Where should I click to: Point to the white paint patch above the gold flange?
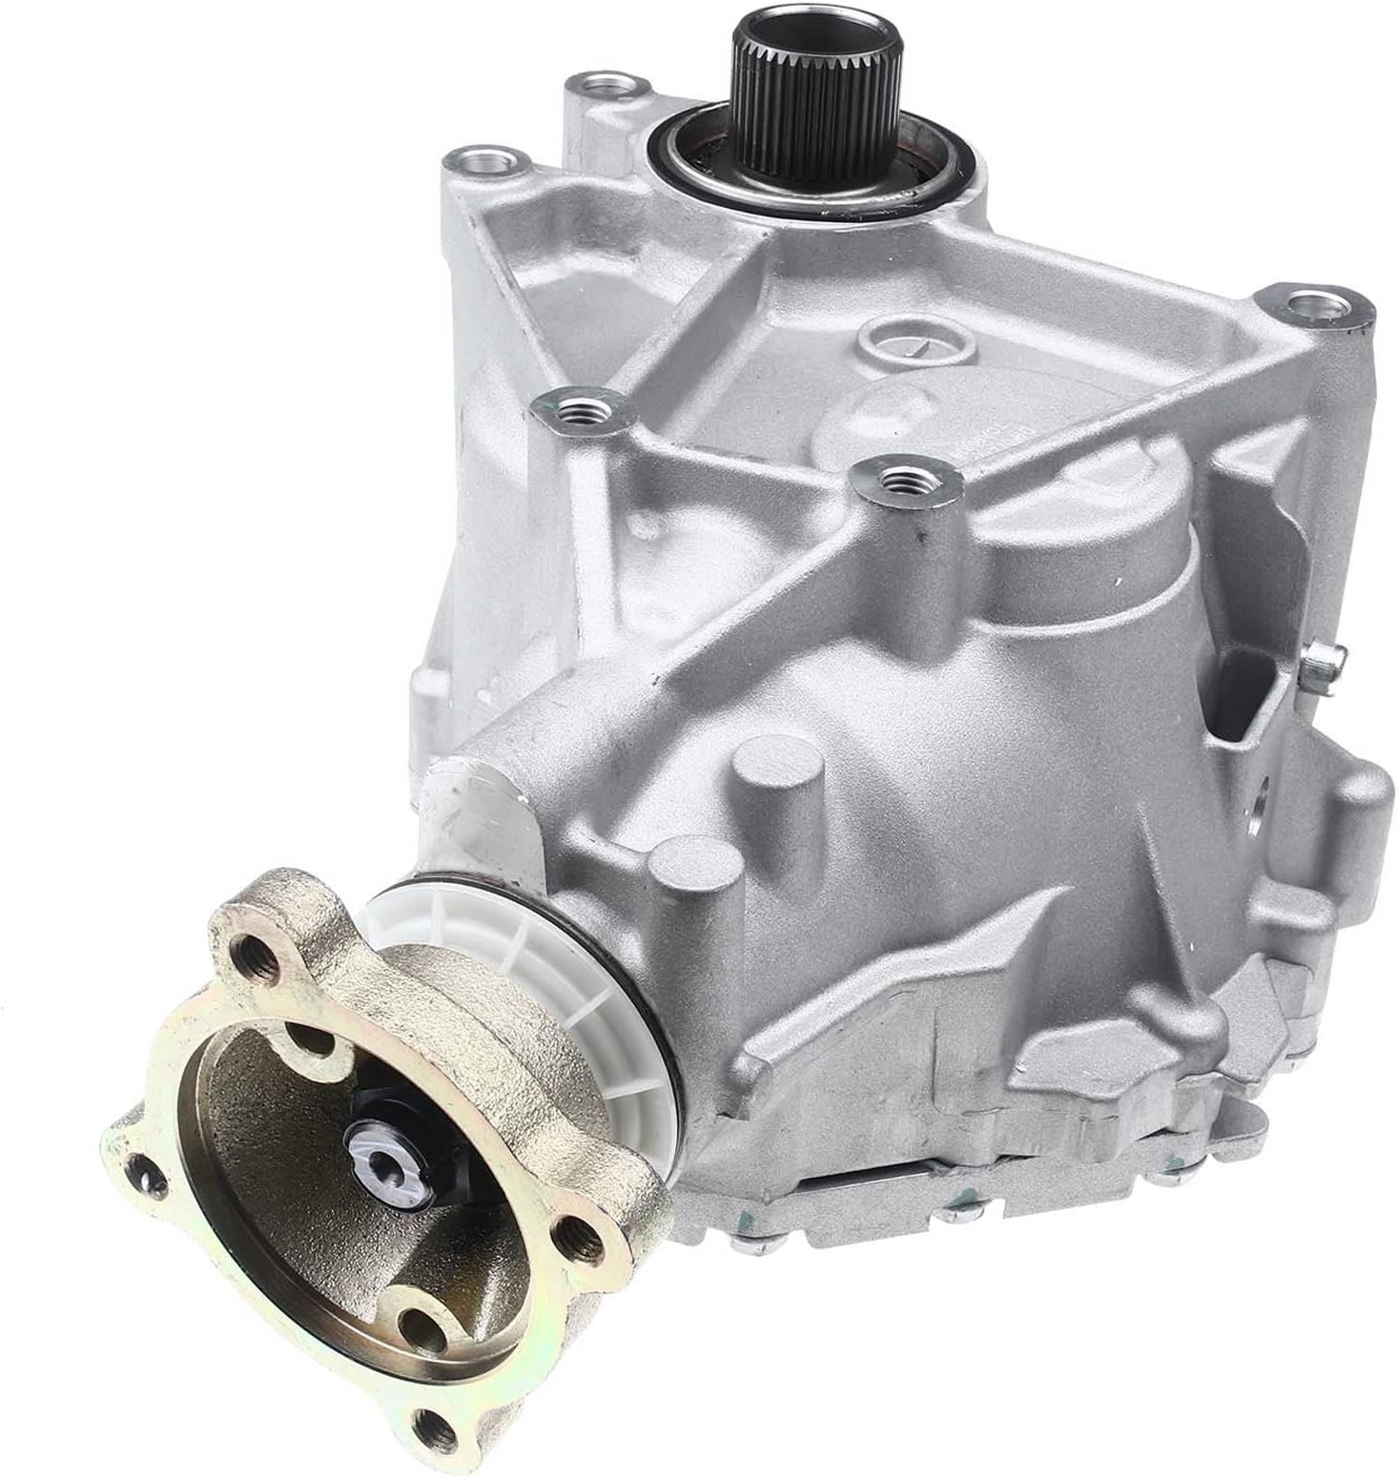coord(477,811)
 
